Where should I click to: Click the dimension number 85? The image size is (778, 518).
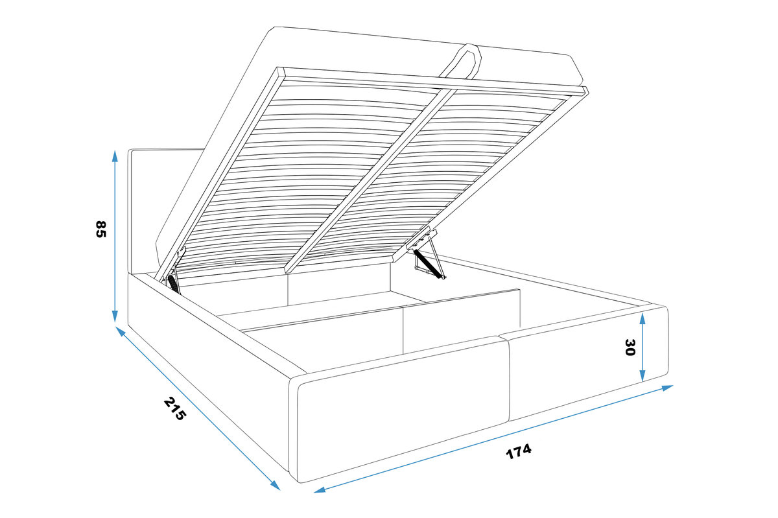click(100, 229)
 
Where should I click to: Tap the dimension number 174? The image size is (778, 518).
click(519, 451)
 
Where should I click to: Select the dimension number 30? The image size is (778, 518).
click(630, 347)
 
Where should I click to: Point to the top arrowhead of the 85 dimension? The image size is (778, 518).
click(115, 156)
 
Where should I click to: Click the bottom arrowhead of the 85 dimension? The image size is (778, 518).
click(115, 317)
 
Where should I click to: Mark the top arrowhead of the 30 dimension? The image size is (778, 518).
click(642, 318)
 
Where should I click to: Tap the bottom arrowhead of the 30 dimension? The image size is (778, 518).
click(642, 375)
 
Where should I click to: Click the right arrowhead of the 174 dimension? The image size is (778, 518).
click(668, 388)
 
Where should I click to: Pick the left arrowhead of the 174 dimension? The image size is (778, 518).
click(320, 490)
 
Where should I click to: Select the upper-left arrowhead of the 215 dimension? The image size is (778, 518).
click(120, 331)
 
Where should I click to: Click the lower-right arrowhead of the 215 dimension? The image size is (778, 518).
click(276, 486)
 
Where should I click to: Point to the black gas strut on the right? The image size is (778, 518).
click(429, 264)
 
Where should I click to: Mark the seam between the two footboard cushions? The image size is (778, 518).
click(504, 379)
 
